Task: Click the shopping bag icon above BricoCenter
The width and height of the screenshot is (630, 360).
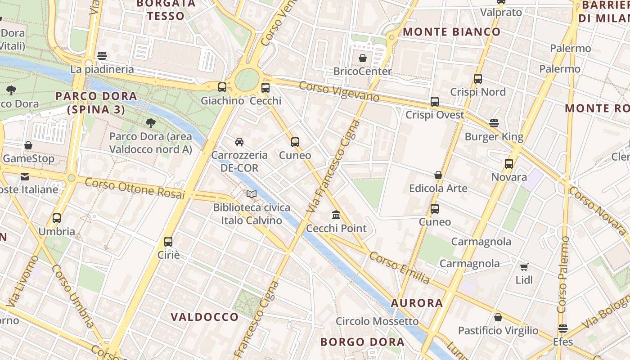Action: click(x=363, y=58)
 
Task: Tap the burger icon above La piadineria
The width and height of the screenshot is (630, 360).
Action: click(x=102, y=56)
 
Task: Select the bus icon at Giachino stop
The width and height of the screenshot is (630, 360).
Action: click(x=222, y=87)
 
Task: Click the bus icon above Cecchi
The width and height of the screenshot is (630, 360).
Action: click(x=265, y=87)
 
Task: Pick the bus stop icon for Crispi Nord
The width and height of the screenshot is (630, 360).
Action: click(x=478, y=79)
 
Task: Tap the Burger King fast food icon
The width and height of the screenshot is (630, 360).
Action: click(x=494, y=123)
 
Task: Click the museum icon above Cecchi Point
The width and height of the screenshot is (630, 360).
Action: click(x=336, y=215)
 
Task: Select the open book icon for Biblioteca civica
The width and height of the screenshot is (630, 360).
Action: click(x=252, y=194)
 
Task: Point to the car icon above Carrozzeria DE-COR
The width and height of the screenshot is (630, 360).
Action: click(x=239, y=142)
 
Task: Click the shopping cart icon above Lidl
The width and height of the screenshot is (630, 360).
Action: click(x=524, y=267)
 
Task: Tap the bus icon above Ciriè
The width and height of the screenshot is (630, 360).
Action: click(x=168, y=242)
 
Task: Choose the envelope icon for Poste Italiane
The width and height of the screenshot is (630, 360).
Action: click(x=24, y=176)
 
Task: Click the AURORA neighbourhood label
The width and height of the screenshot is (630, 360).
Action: click(x=417, y=303)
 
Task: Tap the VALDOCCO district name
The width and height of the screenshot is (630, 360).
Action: click(x=205, y=317)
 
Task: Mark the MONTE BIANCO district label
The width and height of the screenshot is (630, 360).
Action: click(x=451, y=32)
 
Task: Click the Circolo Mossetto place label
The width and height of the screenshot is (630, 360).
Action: click(x=377, y=321)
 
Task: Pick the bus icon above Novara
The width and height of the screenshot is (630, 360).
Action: click(x=509, y=164)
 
